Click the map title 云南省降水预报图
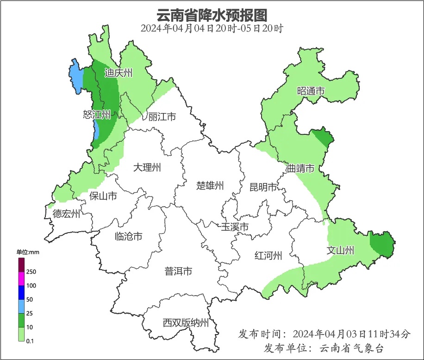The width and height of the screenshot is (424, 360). click(x=212, y=15)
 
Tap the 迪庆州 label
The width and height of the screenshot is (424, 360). click(x=118, y=73)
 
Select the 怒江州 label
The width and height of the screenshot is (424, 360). click(x=97, y=114)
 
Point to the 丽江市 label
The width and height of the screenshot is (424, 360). click(x=162, y=117)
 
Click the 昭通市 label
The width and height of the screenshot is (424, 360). click(x=311, y=91)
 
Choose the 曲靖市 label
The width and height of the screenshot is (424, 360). click(x=300, y=168)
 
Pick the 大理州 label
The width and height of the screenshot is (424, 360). click(x=147, y=167)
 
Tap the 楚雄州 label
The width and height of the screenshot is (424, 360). click(x=210, y=186)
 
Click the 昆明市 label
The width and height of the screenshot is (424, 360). click(x=263, y=187)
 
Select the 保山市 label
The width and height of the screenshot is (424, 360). click(x=103, y=196)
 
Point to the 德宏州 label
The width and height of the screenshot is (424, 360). click(x=66, y=214)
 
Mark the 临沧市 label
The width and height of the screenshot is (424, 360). click(x=128, y=237)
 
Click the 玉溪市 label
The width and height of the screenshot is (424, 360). click(x=235, y=227)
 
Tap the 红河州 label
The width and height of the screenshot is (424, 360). click(x=268, y=256)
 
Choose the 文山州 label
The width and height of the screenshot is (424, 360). click(x=341, y=251)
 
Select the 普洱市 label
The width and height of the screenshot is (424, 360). click(x=178, y=272)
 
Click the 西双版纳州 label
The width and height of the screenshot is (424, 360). click(x=186, y=323)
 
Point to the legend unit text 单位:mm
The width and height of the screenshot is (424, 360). click(x=29, y=252)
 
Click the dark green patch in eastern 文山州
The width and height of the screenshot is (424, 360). click(x=382, y=244)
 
